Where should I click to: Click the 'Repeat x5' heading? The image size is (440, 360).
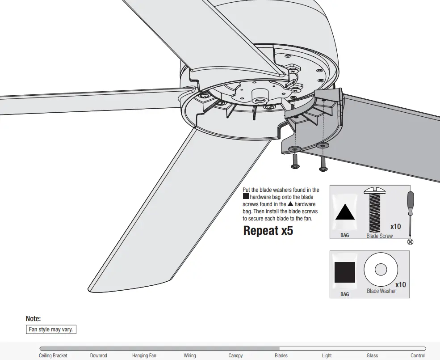(x=268, y=231)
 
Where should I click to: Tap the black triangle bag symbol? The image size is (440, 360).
(x=345, y=212)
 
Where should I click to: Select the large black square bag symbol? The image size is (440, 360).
(x=345, y=273)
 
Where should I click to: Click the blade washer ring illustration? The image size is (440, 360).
(x=381, y=270)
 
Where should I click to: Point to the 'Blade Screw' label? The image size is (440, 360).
(x=379, y=236)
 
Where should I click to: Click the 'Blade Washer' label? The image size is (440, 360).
(x=381, y=291)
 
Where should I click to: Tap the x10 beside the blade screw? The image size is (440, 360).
(x=395, y=226)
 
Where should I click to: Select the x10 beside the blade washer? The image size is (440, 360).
(x=400, y=284)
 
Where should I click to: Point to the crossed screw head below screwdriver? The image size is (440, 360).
(x=411, y=242)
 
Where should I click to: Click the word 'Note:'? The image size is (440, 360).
(x=34, y=319)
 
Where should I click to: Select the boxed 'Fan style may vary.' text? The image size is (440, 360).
(x=51, y=330)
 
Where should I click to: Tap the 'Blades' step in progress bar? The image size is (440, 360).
(x=281, y=356)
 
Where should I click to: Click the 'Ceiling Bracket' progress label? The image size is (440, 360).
(x=53, y=356)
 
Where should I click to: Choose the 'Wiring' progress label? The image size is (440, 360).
(x=190, y=356)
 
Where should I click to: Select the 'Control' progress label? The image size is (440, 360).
(x=418, y=356)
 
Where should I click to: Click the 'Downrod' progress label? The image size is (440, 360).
(x=98, y=356)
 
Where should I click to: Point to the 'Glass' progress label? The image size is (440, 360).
(x=372, y=356)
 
